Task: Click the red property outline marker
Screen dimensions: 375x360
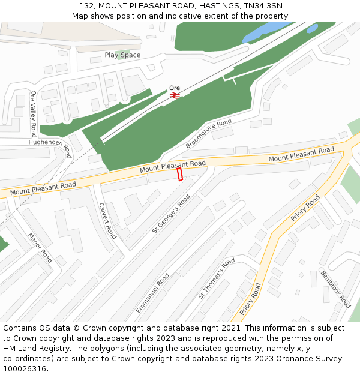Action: click(179, 174)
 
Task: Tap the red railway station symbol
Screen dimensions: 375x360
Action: click(175, 95)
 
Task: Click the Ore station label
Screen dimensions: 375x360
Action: click(175, 88)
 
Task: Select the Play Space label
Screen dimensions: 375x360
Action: click(122, 55)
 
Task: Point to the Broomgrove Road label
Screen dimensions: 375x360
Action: click(208, 134)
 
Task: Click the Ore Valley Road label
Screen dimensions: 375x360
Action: click(34, 113)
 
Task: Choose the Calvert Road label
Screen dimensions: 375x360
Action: click(107, 220)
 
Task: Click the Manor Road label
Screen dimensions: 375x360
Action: click(40, 248)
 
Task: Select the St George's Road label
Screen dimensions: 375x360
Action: click(171, 213)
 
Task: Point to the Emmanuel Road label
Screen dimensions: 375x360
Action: click(152, 293)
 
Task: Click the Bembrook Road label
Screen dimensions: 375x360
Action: click(335, 289)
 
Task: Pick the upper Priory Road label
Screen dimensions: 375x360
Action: click(305, 208)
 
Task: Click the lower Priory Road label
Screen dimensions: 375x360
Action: click(250, 299)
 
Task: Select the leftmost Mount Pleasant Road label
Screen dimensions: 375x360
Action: click(43, 188)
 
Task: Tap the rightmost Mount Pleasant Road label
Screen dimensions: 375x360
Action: click(301, 154)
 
